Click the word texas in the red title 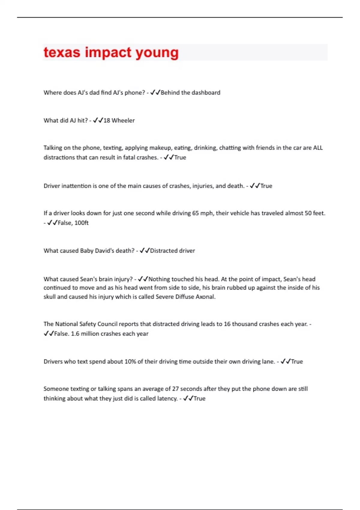[x=62, y=52]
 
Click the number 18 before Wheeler [x=107, y=121]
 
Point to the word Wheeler [x=123, y=121]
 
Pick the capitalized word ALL [x=318, y=148]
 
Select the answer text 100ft [x=81, y=223]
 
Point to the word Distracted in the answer [x=163, y=251]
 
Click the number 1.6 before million [x=75, y=334]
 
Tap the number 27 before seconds [x=175, y=389]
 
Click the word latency [x=167, y=399]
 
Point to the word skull [x=49, y=297]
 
